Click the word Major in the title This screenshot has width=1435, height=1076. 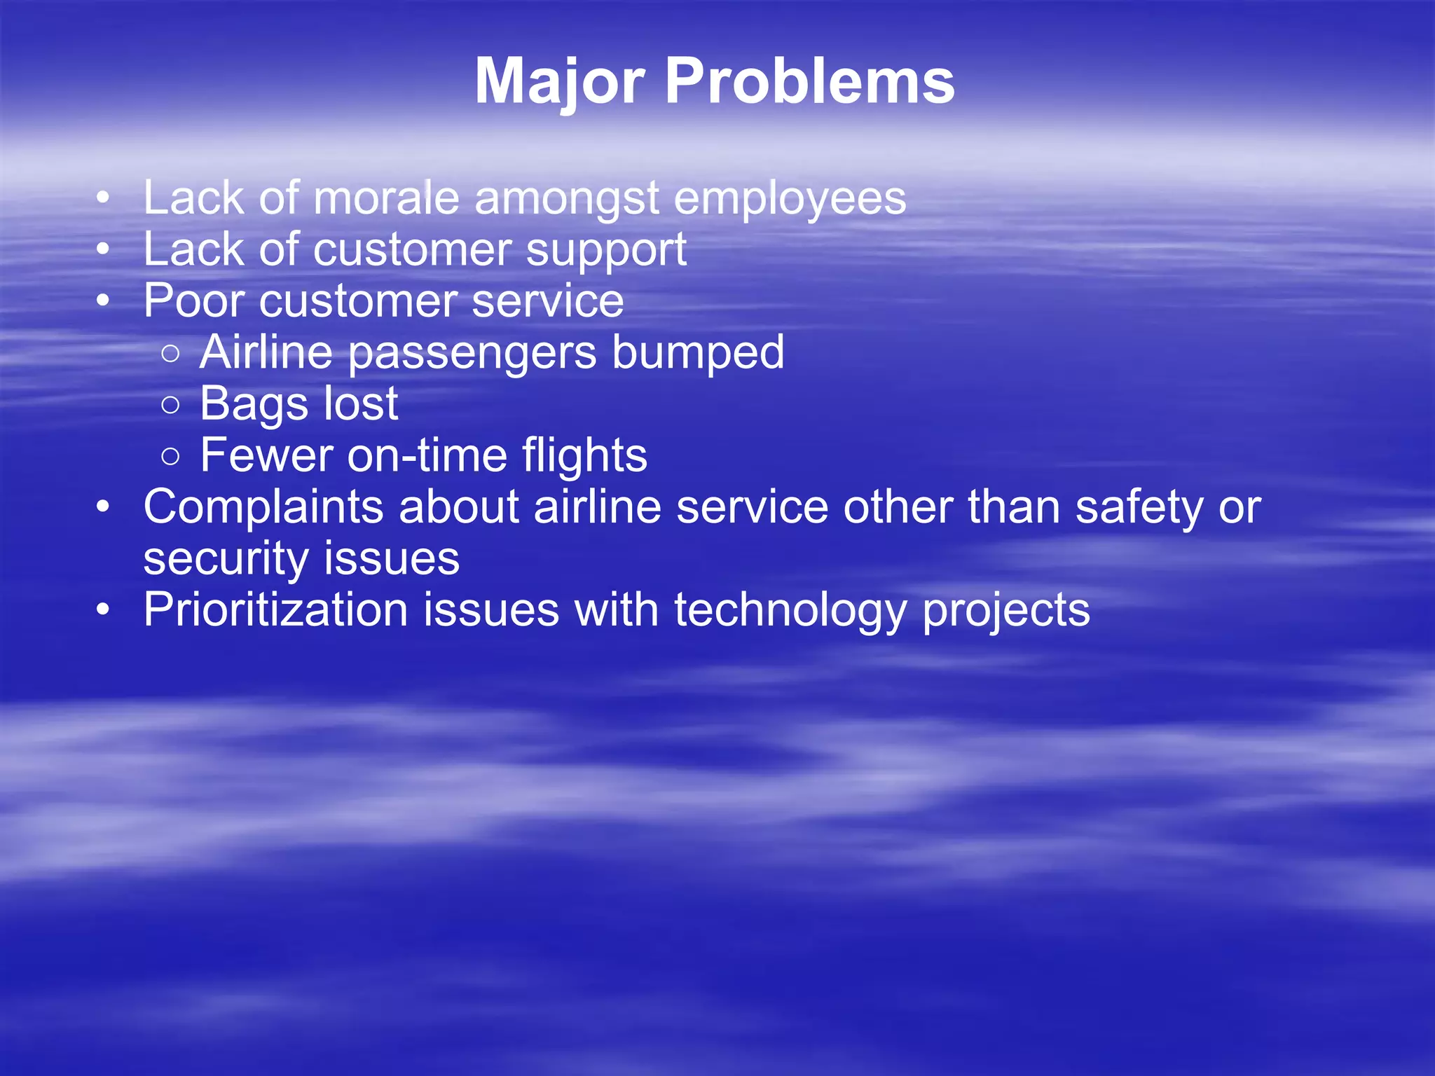click(x=558, y=83)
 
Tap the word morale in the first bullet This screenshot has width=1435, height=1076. click(x=386, y=198)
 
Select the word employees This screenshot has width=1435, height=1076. click(x=790, y=200)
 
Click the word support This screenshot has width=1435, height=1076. click(x=606, y=251)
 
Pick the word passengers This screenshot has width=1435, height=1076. click(x=473, y=353)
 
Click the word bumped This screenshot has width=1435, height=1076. click(x=698, y=352)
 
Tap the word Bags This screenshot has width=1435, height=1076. click(x=254, y=405)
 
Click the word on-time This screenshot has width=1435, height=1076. click(x=427, y=455)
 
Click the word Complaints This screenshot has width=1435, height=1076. click(x=263, y=508)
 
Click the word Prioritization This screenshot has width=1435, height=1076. click(x=275, y=610)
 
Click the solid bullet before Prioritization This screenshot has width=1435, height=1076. click(x=103, y=609)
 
